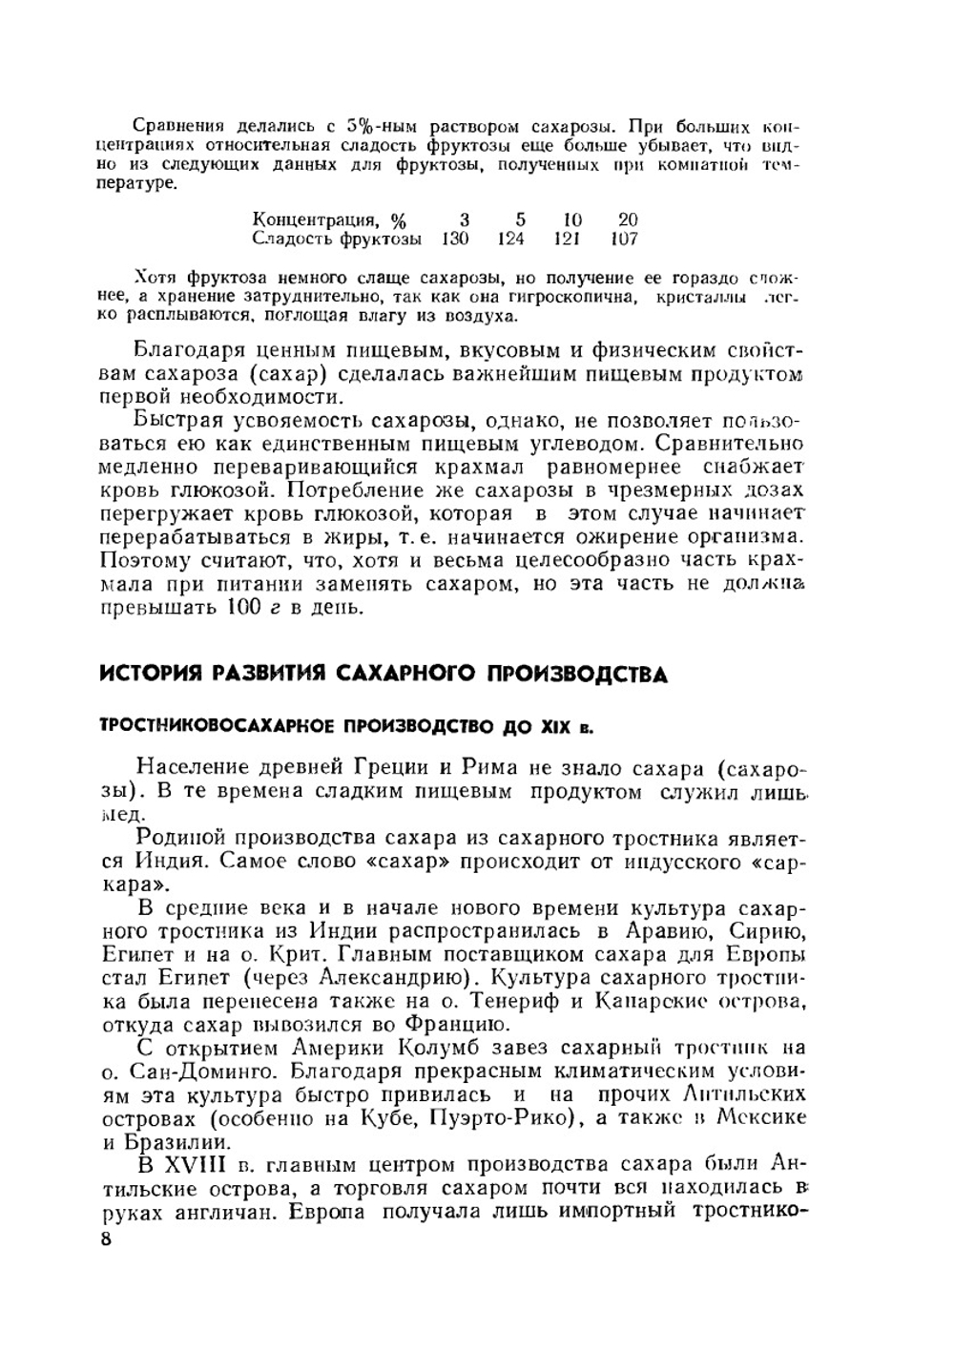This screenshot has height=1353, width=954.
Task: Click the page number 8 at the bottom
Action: point(106,1240)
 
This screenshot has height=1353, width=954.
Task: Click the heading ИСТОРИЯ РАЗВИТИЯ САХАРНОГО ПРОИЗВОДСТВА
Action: point(384,675)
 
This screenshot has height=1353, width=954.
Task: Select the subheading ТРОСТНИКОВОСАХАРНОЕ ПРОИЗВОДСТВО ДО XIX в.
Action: point(346,727)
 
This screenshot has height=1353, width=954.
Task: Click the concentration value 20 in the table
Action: point(628,219)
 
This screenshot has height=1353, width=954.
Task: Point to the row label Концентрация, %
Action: point(322,219)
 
